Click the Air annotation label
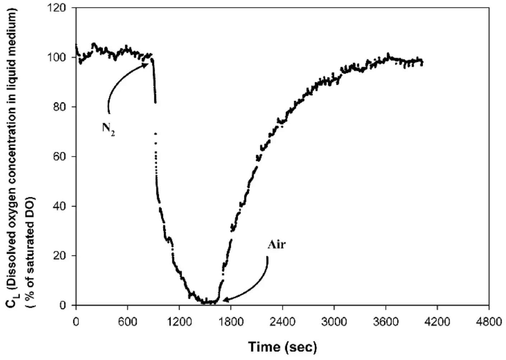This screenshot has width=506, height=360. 277,245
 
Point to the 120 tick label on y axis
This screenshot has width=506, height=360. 59,8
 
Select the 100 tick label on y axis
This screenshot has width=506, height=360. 59,57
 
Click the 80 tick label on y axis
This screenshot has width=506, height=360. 61,107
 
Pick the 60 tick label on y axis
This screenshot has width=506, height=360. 61,157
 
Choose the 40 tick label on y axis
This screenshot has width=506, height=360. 61,206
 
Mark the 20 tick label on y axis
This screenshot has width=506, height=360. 61,256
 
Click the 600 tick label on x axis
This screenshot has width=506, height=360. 127,321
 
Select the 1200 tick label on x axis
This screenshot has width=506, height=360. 179,321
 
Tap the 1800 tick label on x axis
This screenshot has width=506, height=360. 231,321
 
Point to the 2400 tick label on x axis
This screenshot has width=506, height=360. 282,321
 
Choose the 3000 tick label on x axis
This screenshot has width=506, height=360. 334,321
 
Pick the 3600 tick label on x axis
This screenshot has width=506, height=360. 386,321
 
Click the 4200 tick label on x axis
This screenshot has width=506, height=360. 437,321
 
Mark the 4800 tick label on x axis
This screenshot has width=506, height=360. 489,321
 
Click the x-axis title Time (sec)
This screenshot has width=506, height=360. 283,347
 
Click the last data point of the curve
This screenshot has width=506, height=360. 422,63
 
